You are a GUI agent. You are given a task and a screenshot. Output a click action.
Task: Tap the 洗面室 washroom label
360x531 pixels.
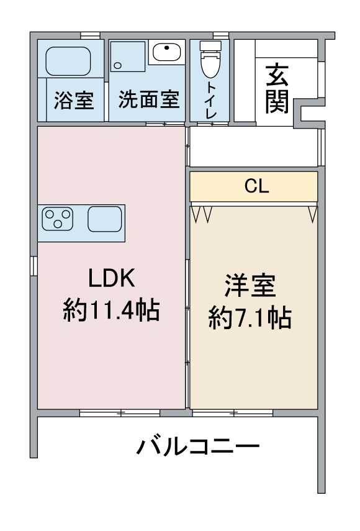(x=148, y=99)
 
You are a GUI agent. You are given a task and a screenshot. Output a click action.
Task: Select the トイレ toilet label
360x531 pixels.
(x=211, y=99)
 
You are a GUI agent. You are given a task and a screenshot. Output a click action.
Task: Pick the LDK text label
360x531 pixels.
(x=111, y=279)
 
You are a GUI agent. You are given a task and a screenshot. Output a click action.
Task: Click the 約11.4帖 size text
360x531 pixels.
(x=111, y=309)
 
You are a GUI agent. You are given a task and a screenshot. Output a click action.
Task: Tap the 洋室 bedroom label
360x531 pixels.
(x=250, y=288)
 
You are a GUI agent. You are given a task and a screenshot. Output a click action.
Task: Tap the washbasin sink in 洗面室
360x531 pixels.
(x=166, y=52)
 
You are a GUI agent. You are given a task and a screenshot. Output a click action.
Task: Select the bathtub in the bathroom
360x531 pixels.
(x=68, y=60)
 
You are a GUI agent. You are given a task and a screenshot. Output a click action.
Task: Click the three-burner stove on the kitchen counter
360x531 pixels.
(x=57, y=218)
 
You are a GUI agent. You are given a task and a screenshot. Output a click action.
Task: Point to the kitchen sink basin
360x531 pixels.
(x=104, y=219)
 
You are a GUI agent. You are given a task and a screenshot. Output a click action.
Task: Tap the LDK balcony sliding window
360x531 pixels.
(x=120, y=412)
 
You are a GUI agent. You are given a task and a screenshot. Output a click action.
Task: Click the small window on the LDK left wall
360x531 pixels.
(x=34, y=264)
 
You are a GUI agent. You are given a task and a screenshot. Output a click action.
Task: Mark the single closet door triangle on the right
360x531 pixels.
(x=312, y=214)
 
